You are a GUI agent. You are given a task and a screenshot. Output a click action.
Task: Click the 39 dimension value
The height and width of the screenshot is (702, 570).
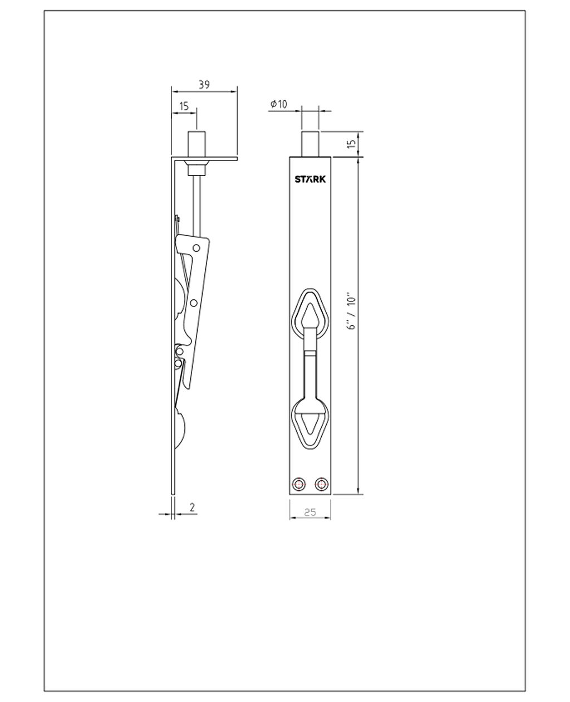(204, 85)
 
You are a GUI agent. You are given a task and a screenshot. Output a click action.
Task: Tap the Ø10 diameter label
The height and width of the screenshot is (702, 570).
(278, 104)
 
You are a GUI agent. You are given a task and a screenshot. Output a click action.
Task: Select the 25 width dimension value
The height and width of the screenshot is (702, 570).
(310, 512)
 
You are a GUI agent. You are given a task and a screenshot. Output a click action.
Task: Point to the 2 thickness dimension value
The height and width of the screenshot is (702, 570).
(192, 507)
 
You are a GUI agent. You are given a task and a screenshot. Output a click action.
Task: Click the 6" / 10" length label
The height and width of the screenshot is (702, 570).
(351, 310)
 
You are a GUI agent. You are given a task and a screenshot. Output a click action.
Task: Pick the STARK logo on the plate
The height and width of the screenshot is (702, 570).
(310, 179)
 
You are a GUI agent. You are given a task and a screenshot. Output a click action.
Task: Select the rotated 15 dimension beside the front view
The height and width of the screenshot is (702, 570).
(352, 144)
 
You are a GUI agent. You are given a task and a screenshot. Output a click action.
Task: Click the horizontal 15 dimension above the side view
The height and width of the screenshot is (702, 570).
(184, 106)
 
